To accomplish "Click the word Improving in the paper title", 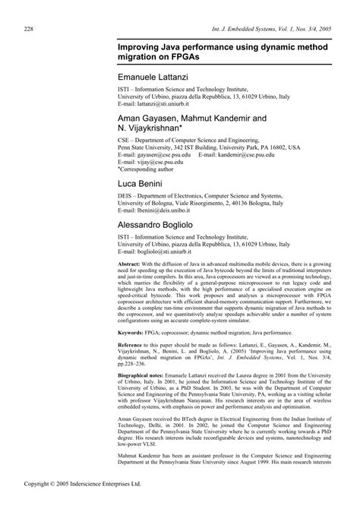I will point(138,47).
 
